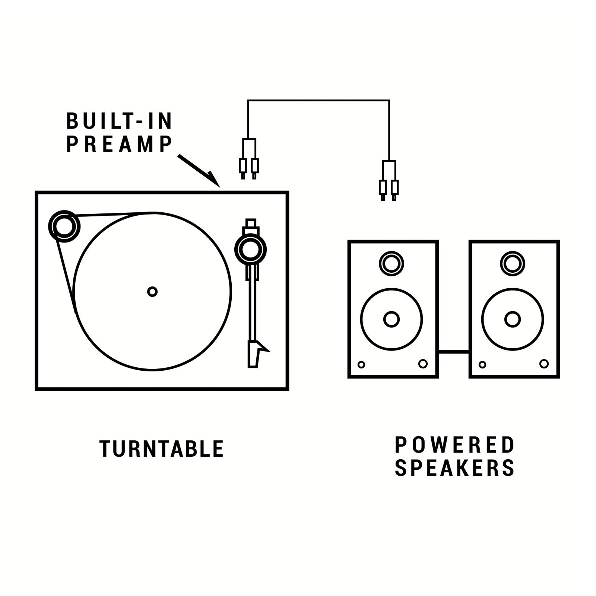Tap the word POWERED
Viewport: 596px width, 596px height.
coord(454,445)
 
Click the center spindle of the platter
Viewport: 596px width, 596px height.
coord(152,291)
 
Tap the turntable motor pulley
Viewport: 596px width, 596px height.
coord(64,226)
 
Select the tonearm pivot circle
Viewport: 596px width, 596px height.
coord(250,250)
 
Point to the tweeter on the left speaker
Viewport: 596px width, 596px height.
coord(391,264)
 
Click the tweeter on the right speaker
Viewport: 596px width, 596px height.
coord(513,264)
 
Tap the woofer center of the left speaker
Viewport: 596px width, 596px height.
coord(391,319)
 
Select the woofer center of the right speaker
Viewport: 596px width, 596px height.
coord(513,319)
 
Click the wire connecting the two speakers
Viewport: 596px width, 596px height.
coord(453,351)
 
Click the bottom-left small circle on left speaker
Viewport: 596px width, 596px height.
coord(361,365)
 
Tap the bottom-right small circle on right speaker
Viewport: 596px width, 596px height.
coord(544,364)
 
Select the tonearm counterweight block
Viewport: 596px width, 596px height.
coord(251,223)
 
